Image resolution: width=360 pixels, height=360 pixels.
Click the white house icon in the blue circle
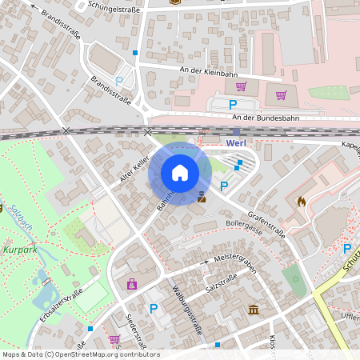coord(180,173)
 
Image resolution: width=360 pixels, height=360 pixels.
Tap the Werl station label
coord(236,143)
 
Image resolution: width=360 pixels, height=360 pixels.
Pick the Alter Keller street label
coord(134,170)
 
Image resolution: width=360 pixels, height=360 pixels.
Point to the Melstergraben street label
coord(234,263)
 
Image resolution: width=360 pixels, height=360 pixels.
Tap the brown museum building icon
coord(254,310)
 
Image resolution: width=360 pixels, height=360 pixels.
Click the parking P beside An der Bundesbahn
coord(234,104)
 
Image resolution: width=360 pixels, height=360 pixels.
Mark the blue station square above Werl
coord(236,133)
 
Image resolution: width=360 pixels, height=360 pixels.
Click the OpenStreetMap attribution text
coord(80,354)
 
